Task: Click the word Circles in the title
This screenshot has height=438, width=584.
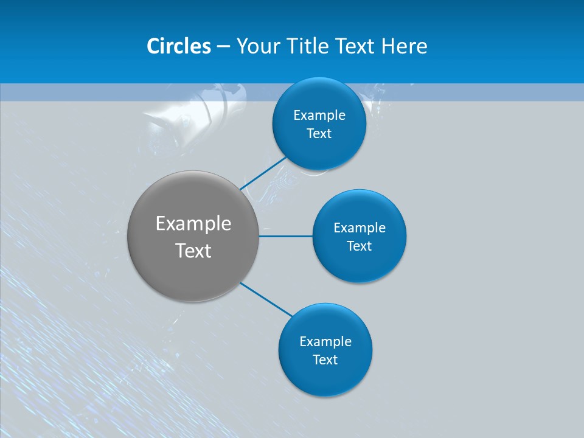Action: [x=178, y=46]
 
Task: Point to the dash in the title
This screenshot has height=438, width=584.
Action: [x=223, y=46]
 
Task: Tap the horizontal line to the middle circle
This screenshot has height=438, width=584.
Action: [x=286, y=236]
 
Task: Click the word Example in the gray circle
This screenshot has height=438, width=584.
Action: [x=193, y=223]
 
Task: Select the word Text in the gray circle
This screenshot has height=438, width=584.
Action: [x=193, y=251]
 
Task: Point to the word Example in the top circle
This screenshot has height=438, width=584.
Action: [x=319, y=115]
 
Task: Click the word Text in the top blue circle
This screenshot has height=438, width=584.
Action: [x=319, y=133]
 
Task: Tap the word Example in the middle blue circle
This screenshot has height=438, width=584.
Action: [x=360, y=228]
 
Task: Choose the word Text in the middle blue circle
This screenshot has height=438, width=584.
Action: [x=360, y=246]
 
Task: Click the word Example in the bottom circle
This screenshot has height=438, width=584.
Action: [x=325, y=341]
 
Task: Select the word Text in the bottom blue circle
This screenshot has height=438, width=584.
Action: [x=325, y=360]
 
